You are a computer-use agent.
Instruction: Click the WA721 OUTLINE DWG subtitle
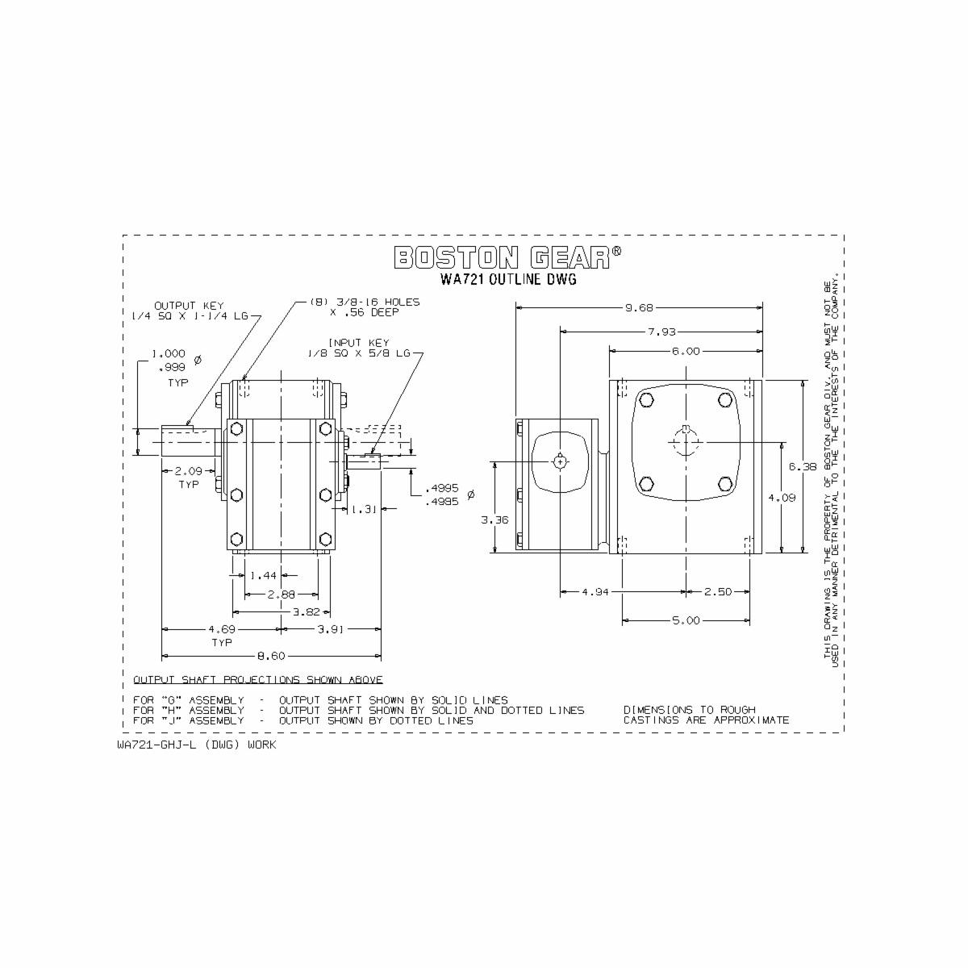[509, 280]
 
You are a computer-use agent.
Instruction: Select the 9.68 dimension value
[639, 307]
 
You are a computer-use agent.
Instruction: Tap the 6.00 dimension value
[685, 352]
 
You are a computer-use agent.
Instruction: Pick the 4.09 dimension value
[782, 498]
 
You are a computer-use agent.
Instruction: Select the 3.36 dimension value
[494, 520]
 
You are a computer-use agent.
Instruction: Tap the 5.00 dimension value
[685, 620]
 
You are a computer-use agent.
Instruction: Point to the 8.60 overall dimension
[271, 656]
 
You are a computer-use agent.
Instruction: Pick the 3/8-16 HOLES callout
[365, 307]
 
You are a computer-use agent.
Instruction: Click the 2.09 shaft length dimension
[189, 470]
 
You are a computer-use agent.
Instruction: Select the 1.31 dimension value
[365, 509]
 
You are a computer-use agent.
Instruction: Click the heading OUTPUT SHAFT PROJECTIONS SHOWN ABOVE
[258, 680]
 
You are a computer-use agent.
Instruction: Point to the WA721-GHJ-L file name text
[196, 745]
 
